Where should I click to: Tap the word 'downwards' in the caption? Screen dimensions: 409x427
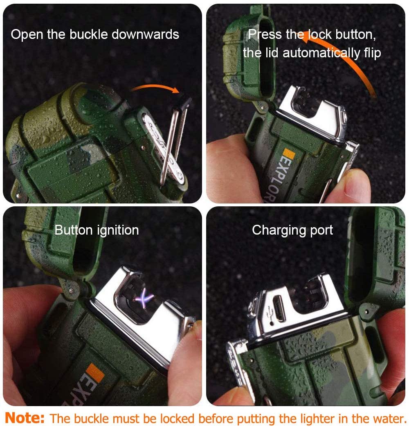coord(145,34)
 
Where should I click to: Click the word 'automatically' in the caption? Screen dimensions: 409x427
coord(321,53)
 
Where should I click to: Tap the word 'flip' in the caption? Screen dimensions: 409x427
coord(372,53)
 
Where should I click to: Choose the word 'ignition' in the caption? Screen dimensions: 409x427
coord(118,230)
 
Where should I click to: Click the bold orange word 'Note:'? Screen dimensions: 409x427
coord(25,418)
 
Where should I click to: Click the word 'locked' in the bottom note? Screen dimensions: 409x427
coord(177,418)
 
